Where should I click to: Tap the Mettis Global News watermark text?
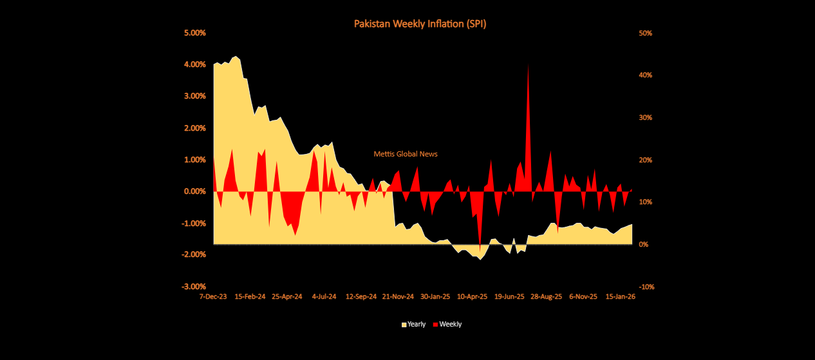click(406, 155)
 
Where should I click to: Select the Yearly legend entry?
click(413, 325)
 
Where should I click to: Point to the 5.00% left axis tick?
click(194, 33)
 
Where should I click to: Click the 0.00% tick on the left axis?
click(194, 191)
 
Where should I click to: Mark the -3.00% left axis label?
click(192, 287)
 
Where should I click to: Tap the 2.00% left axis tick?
click(194, 128)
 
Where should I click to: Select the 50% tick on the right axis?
click(645, 33)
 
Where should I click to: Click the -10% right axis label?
click(646, 287)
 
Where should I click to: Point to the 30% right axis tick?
click(645, 118)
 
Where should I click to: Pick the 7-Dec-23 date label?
click(213, 297)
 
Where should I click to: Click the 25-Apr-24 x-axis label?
click(287, 297)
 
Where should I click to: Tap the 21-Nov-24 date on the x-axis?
click(398, 297)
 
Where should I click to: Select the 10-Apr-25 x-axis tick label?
click(472, 297)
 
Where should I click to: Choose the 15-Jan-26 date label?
click(621, 297)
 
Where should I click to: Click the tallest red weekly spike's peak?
click(529, 64)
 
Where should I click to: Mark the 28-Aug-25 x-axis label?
click(546, 297)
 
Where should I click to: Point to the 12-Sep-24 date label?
click(361, 297)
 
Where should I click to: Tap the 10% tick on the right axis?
click(645, 202)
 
